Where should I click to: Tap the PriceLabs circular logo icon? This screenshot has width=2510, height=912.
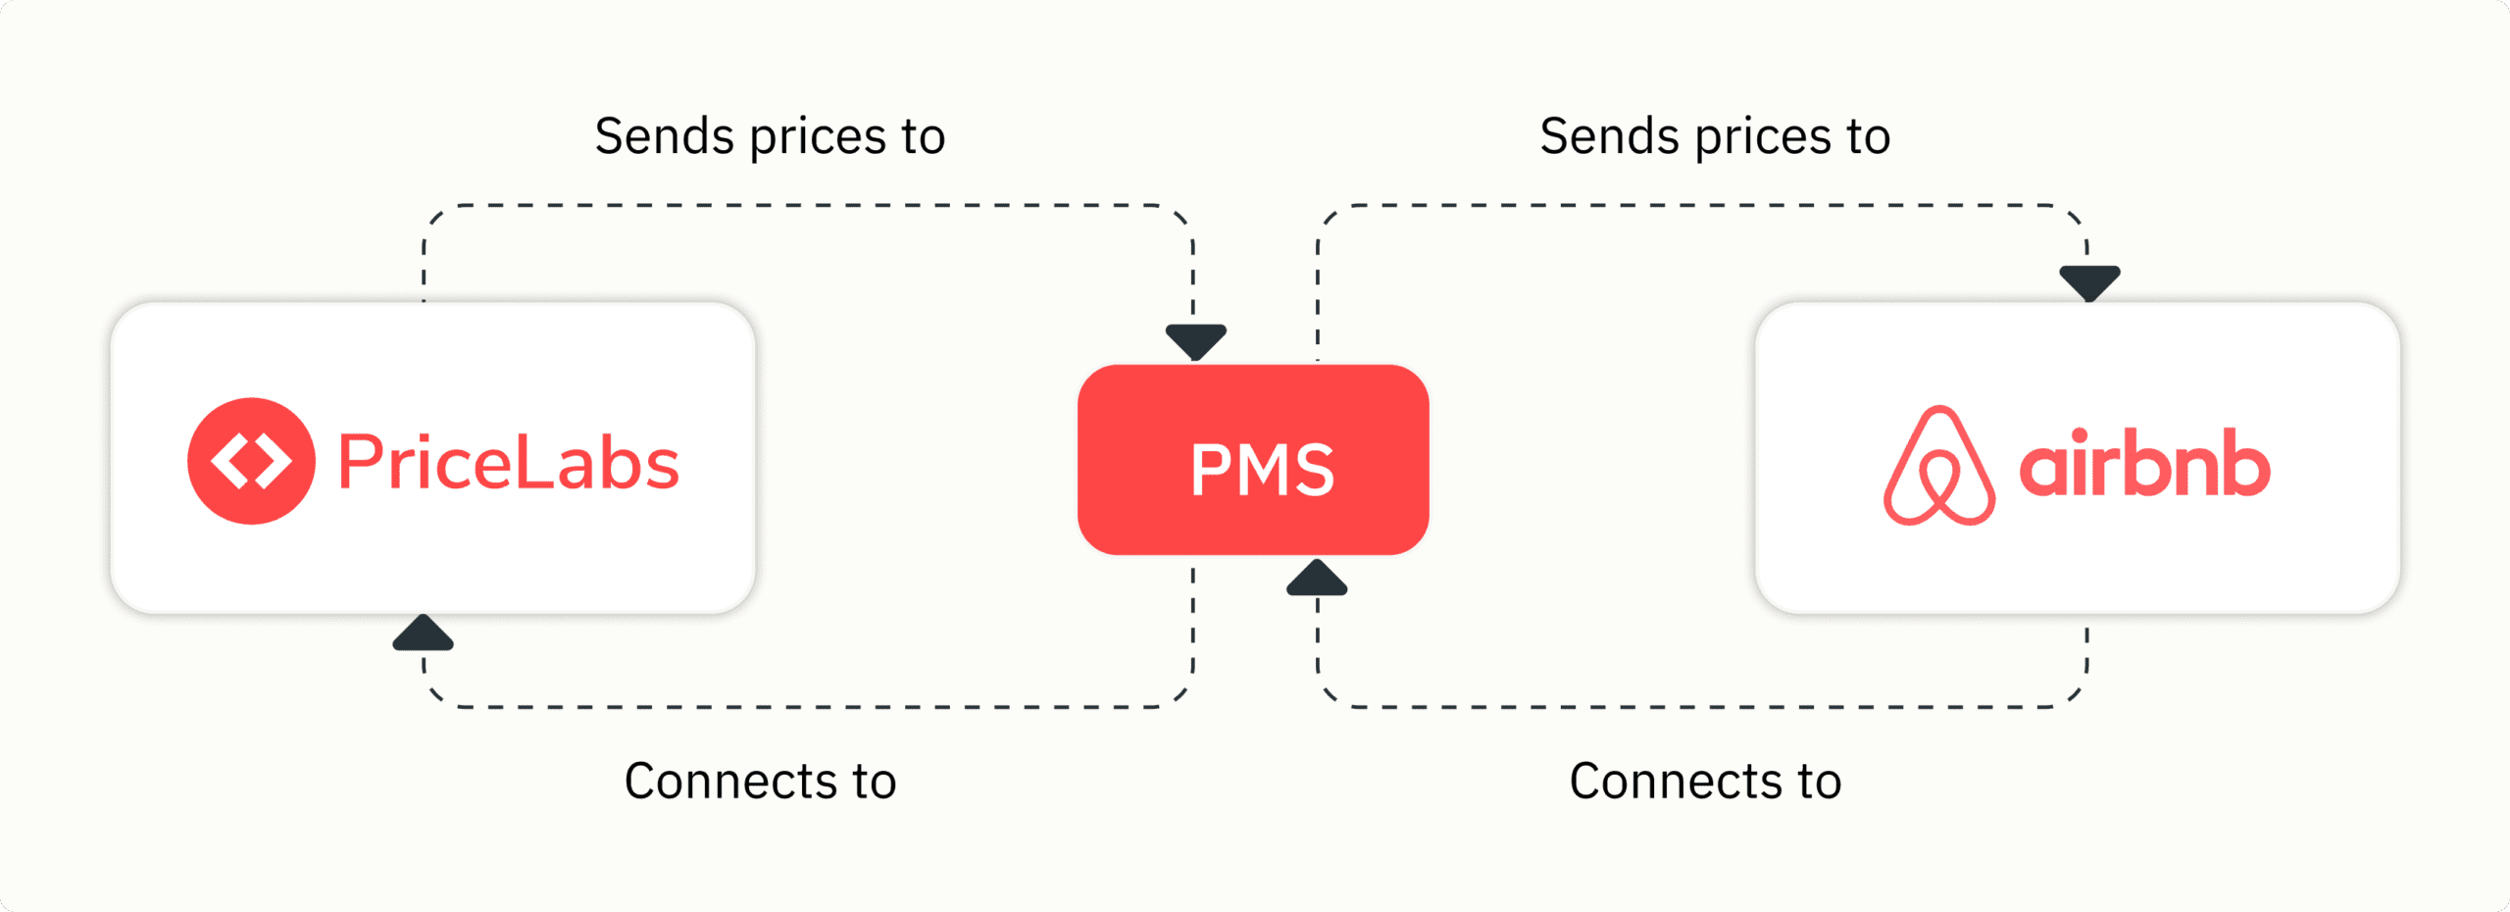point(251,461)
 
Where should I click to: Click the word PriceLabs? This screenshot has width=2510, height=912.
point(508,462)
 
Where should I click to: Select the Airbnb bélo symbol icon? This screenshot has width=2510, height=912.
point(1938,467)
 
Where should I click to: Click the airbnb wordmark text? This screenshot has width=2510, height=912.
point(2144,463)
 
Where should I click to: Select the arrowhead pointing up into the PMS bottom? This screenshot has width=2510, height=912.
point(1317,579)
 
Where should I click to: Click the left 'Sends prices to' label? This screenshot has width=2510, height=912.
point(770,136)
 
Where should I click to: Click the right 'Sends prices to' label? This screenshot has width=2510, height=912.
point(1715,136)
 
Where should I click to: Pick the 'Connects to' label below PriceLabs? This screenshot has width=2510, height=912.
point(761,782)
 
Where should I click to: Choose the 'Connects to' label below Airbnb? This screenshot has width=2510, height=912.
point(1705,782)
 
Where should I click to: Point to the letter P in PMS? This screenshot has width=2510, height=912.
point(1211,471)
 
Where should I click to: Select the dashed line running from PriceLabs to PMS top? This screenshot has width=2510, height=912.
point(804,206)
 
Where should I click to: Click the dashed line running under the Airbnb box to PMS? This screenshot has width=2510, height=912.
point(1706,706)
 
